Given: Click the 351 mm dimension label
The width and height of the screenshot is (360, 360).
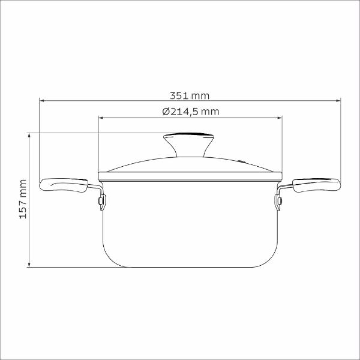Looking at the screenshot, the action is click(190, 96).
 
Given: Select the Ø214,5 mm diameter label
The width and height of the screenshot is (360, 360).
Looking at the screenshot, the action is click(191, 112).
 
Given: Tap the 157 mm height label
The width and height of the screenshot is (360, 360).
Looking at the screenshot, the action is click(23, 199).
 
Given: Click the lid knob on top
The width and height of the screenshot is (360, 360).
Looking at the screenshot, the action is click(189, 145).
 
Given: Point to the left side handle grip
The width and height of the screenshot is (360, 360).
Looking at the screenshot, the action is click(64, 185).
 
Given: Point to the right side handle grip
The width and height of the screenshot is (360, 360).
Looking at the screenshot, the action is click(316, 185).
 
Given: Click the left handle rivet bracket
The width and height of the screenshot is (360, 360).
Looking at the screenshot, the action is click(102, 202).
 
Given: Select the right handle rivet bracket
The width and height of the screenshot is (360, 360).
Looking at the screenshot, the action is click(278, 202).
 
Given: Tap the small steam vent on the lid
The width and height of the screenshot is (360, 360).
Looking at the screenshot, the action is click(242, 161).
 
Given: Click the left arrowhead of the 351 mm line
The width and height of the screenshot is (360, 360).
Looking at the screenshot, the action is click(41, 101).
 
